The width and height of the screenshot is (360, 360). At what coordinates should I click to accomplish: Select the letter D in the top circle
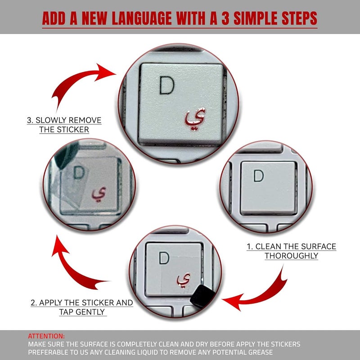coord(167,85)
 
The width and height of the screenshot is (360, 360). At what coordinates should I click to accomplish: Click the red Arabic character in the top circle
coord(195,119)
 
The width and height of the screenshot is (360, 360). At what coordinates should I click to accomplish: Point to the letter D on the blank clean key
coord(258,175)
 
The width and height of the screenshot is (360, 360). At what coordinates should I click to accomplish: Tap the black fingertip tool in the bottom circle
coord(202,296)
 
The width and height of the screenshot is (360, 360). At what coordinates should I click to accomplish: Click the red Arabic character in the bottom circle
coord(184,280)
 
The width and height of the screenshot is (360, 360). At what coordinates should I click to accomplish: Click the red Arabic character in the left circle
coord(99,194)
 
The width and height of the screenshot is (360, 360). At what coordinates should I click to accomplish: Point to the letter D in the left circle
coord(79,173)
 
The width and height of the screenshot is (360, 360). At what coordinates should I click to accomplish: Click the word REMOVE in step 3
coord(85,120)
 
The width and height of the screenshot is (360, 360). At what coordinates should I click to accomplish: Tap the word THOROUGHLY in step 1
coord(291,256)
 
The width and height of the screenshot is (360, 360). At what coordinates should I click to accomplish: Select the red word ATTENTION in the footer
coord(46,336)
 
